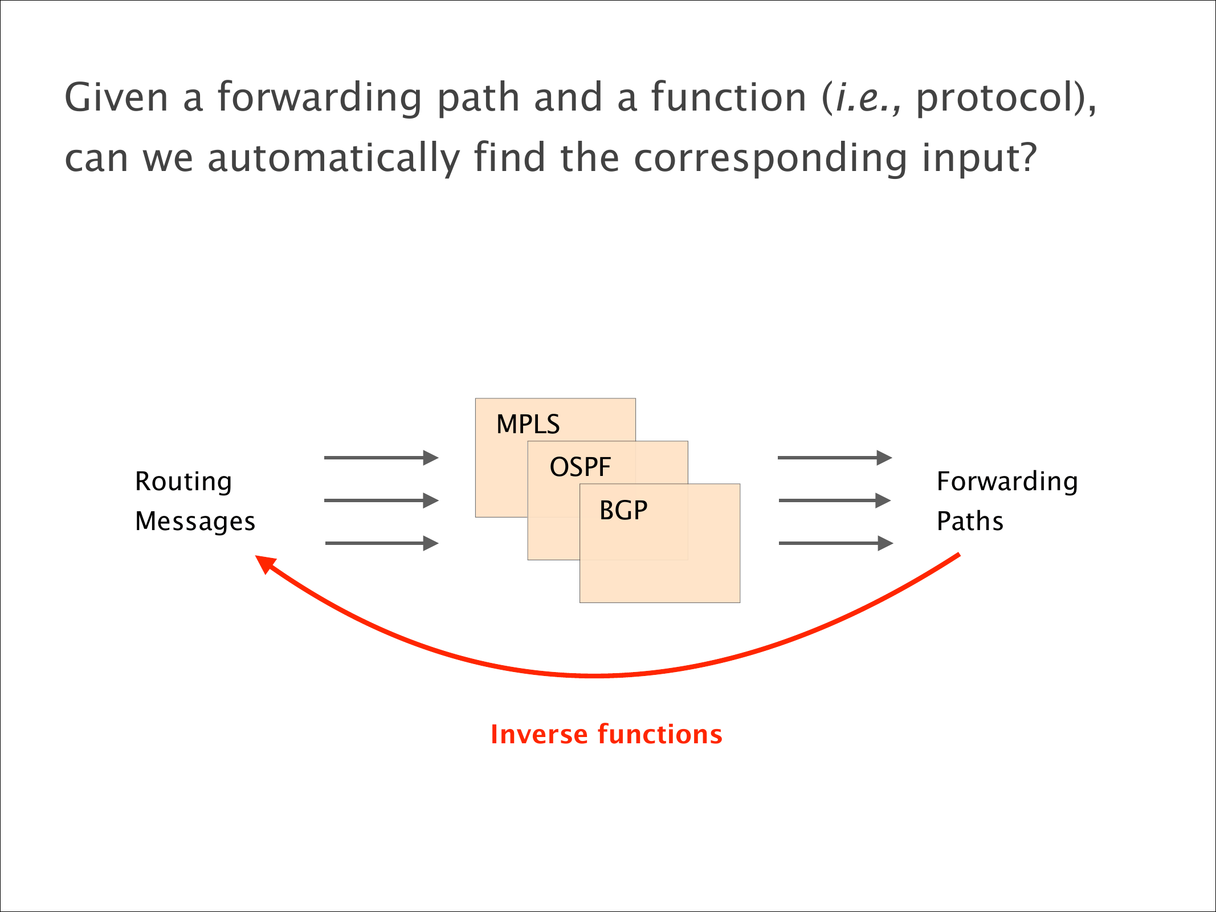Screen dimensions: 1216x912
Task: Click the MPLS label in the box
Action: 528,424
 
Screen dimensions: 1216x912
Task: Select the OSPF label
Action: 580,467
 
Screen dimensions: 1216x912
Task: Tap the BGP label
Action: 623,510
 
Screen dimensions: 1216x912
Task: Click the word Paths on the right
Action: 970,521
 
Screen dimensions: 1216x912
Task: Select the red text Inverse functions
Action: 606,734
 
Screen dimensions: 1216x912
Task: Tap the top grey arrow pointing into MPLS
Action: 381,457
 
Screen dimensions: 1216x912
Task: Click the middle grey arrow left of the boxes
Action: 381,500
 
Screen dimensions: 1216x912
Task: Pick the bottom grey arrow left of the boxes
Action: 382,543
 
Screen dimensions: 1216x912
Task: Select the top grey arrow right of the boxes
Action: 835,457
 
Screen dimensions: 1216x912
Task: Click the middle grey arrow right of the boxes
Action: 835,500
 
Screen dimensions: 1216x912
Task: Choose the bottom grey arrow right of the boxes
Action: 836,543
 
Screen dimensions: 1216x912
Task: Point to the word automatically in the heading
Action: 333,158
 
